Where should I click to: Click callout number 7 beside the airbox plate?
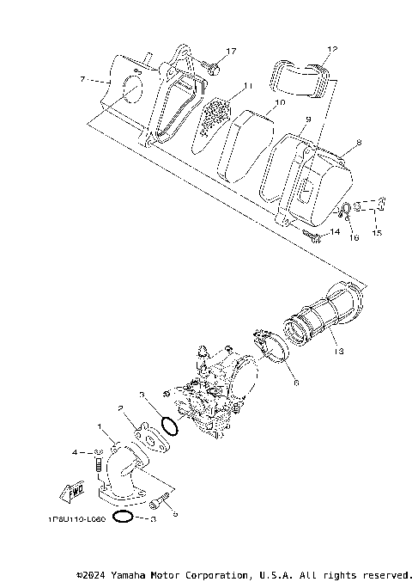pyautogui.click(x=83, y=79)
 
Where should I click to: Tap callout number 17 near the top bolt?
pyautogui.click(x=231, y=52)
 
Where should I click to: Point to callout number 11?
pyautogui.click(x=247, y=86)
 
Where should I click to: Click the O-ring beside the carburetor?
pyautogui.click(x=169, y=427)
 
